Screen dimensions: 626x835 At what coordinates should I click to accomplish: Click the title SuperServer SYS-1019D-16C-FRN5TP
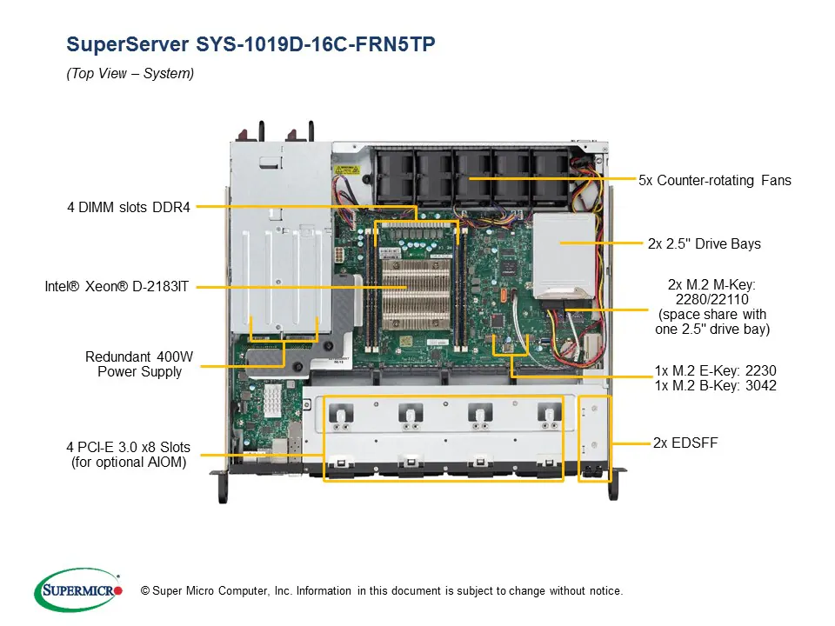point(250,44)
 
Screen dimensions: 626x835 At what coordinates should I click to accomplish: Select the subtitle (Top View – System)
point(130,74)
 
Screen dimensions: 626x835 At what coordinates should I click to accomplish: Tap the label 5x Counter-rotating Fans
point(715,180)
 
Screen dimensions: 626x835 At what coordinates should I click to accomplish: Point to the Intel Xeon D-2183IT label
point(117,286)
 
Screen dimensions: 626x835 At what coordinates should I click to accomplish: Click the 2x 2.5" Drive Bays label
point(704,243)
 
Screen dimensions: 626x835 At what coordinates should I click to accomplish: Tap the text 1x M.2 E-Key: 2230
point(715,370)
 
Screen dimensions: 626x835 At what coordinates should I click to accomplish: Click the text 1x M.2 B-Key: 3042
point(715,385)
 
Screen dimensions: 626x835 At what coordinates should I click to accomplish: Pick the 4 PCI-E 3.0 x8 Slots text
point(128,448)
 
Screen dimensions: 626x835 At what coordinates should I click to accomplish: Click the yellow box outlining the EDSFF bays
point(596,439)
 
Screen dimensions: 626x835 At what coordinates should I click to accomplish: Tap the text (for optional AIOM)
point(128,463)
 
